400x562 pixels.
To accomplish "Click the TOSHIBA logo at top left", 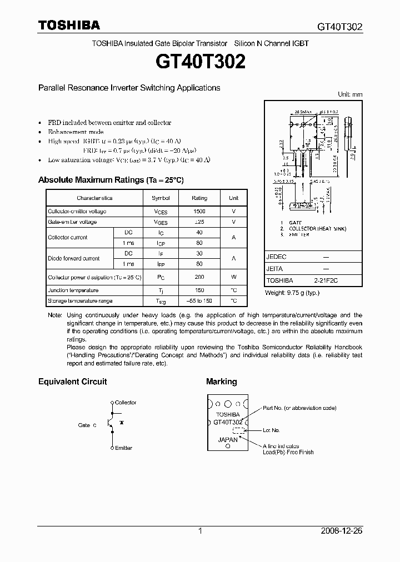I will (69, 25).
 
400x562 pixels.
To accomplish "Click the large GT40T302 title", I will (200, 62).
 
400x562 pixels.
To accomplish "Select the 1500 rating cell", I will (199, 212).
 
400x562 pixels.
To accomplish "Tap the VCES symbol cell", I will (161, 212).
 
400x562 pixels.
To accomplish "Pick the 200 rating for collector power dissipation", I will (199, 277).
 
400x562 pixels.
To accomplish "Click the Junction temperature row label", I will (73, 290).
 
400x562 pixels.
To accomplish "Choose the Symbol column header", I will (161, 198).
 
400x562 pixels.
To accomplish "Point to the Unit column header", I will (234, 198).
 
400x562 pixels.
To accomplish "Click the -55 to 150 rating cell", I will (199, 301).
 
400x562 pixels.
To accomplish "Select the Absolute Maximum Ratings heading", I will (111, 180).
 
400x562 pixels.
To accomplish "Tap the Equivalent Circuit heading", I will (72, 382).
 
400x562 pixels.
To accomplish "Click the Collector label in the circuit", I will (126, 403).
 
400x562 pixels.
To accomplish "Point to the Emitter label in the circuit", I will (123, 448).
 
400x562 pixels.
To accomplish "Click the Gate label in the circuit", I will (85, 425).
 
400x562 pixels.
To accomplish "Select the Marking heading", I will (221, 382).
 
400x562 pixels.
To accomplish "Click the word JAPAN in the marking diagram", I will (228, 439).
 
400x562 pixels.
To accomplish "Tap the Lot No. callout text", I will (271, 430).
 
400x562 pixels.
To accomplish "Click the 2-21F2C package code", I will (325, 281).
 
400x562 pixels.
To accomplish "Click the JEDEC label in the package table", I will (276, 257).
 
